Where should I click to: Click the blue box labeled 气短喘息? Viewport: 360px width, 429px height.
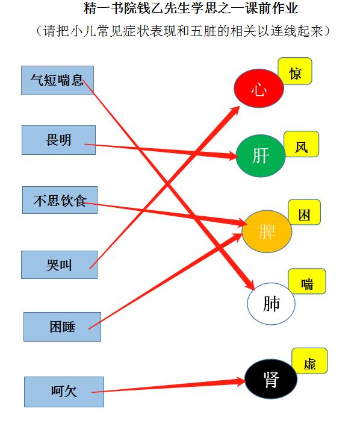pyautogui.click(x=57, y=81)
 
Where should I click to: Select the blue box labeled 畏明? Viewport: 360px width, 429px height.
pyautogui.click(x=58, y=140)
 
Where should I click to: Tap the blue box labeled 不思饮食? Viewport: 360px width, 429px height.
pyautogui.click(x=60, y=200)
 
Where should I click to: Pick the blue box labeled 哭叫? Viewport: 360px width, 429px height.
pyautogui.click(x=60, y=265)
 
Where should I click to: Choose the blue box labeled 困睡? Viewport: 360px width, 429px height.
pyautogui.click(x=63, y=327)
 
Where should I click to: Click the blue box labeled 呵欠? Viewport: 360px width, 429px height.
pyautogui.click(x=64, y=392)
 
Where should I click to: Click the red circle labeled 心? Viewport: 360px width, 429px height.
pyautogui.click(x=259, y=89)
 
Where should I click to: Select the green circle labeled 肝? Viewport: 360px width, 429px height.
pyautogui.click(x=261, y=155)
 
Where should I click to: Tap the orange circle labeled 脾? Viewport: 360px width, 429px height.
pyautogui.click(x=267, y=231)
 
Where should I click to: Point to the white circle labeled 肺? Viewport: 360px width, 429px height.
pyautogui.click(x=271, y=304)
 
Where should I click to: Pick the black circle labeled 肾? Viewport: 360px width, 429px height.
pyautogui.click(x=271, y=379)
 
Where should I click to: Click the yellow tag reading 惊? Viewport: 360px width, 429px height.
pyautogui.click(x=295, y=71)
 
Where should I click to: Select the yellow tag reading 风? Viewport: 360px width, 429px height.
pyautogui.click(x=301, y=144)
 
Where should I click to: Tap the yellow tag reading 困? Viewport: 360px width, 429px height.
pyautogui.click(x=304, y=212)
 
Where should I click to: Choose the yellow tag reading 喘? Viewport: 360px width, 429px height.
pyautogui.click(x=307, y=281)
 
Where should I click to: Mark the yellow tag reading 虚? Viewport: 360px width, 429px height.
pyautogui.click(x=309, y=361)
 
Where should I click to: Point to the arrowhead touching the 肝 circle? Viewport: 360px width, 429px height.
pyautogui.click(x=232, y=156)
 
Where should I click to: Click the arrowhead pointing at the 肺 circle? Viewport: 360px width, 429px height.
pyautogui.click(x=250, y=285)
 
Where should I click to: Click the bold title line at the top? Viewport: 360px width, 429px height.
pyautogui.click(x=190, y=8)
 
